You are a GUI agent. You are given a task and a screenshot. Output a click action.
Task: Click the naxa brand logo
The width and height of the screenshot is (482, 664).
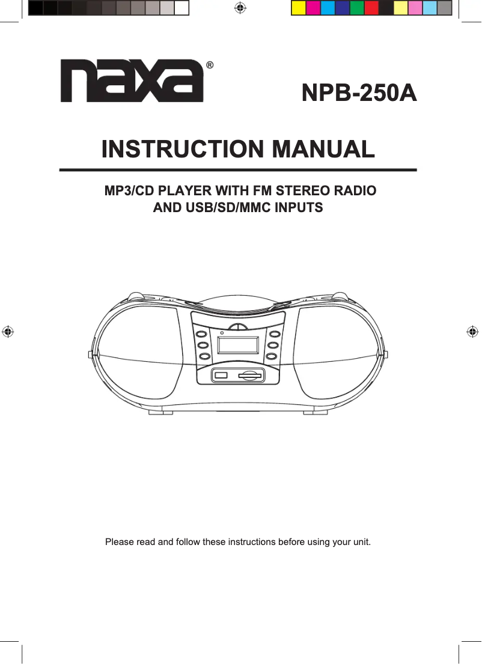[x=132, y=82]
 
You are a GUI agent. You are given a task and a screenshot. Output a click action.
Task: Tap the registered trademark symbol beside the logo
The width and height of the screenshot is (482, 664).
[x=209, y=65]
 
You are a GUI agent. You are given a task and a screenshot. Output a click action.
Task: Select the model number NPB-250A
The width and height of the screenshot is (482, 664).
[x=359, y=94]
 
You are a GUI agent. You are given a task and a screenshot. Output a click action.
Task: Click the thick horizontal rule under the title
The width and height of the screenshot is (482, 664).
[x=238, y=170]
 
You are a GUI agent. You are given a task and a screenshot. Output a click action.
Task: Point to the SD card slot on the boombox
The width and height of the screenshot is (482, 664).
[x=251, y=376]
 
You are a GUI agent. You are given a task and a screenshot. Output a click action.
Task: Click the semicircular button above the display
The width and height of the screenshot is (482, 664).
[x=239, y=327]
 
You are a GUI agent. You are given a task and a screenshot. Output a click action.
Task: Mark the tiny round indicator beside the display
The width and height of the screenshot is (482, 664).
[x=222, y=332]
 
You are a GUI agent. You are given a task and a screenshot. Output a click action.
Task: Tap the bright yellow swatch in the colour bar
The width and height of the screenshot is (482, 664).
[x=298, y=8]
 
